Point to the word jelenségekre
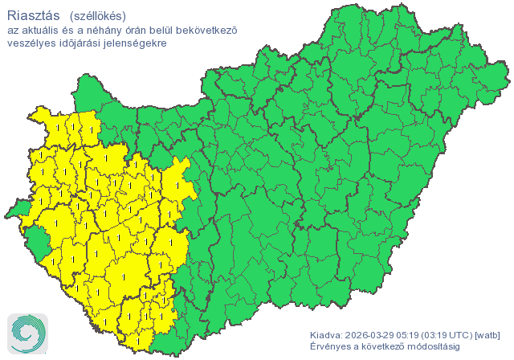pyautogui.click(x=137, y=43)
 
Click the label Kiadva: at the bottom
pyautogui.click(x=326, y=335)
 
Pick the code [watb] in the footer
pyautogui.click(x=488, y=335)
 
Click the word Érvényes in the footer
pyautogui.click(x=330, y=346)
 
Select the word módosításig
pyautogui.click(x=436, y=346)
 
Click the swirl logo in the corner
pyautogui.click(x=27, y=333)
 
